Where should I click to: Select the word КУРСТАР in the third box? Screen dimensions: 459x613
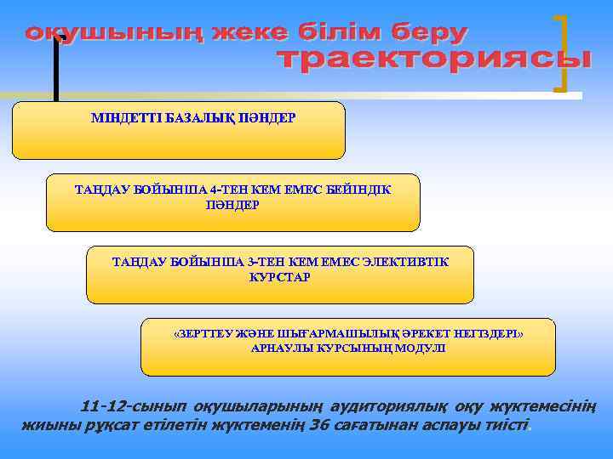279,277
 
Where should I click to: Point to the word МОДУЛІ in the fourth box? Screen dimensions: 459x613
418,349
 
